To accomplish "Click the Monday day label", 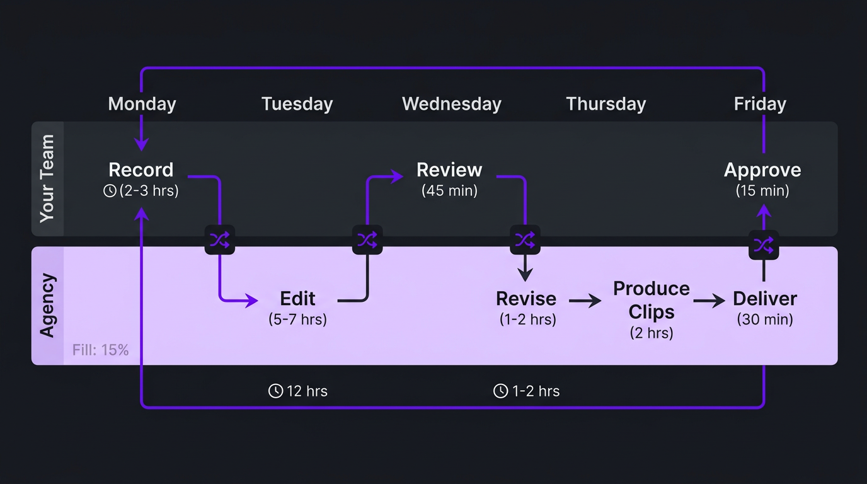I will pyautogui.click(x=142, y=104).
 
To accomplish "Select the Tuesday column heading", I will pyautogui.click(x=297, y=104).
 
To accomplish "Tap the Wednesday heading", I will pyautogui.click(x=451, y=104).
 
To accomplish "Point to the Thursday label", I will pyautogui.click(x=606, y=104).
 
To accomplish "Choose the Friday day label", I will pyautogui.click(x=760, y=104).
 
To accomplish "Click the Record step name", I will pyautogui.click(x=141, y=170).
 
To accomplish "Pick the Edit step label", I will pyautogui.click(x=297, y=299).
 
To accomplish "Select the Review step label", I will pyautogui.click(x=449, y=170).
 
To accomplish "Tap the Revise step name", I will pyautogui.click(x=526, y=299).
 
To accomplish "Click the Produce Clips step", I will pyautogui.click(x=652, y=300).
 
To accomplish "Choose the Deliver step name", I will pyautogui.click(x=765, y=299).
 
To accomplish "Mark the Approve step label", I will pyautogui.click(x=762, y=170).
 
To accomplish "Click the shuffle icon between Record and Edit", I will pyautogui.click(x=219, y=239).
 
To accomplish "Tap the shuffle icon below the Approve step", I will pyautogui.click(x=764, y=245).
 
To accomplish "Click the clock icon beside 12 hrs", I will pyautogui.click(x=275, y=391).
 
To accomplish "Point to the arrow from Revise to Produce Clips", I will pyautogui.click(x=585, y=301).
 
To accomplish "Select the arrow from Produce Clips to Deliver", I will pyautogui.click(x=709, y=301).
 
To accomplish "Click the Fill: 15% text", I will pyautogui.click(x=100, y=350).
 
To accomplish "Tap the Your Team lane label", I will pyautogui.click(x=47, y=178).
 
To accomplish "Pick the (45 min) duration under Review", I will pyautogui.click(x=449, y=190).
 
